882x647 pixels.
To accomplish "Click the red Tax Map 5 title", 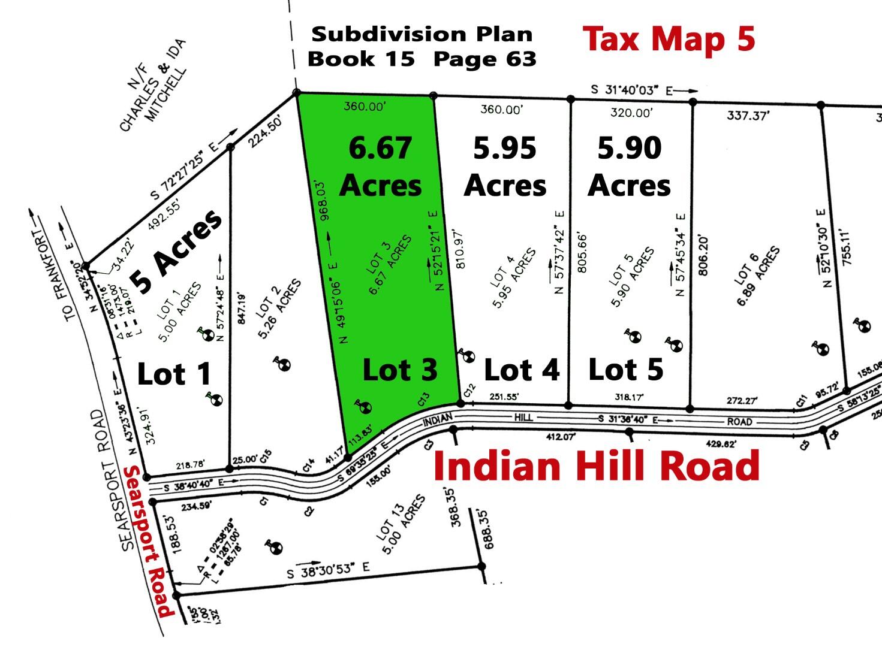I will [669, 39].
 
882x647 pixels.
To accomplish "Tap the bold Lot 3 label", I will [400, 370].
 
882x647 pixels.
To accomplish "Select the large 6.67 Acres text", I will [380, 167].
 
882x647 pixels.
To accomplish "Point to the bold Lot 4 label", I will [522, 370].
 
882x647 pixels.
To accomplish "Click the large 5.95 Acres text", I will [505, 167].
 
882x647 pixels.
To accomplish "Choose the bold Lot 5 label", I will [626, 370].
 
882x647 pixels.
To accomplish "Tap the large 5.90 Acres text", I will [629, 167].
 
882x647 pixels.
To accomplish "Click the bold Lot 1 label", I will [174, 374].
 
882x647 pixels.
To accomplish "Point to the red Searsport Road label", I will [148, 542].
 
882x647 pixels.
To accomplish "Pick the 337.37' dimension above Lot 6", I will [747, 116].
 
